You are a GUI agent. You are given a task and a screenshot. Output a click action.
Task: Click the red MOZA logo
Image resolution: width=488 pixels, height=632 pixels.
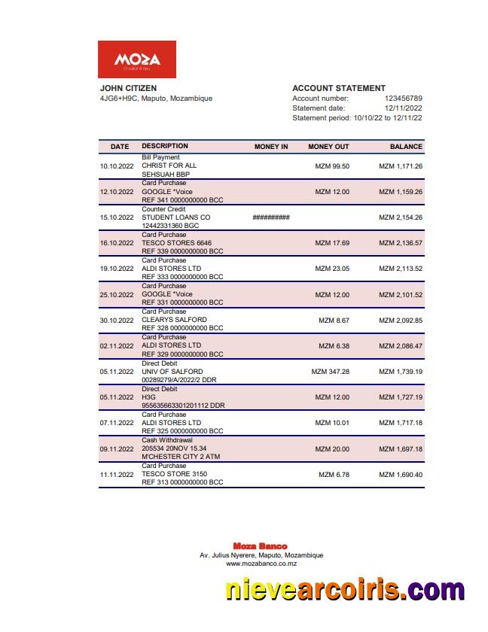pyautogui.click(x=137, y=59)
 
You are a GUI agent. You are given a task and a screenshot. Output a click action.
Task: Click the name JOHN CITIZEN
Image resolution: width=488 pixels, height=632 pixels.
pyautogui.click(x=128, y=88)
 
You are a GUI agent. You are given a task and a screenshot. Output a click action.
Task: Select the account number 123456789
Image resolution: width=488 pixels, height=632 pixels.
pyautogui.click(x=403, y=99)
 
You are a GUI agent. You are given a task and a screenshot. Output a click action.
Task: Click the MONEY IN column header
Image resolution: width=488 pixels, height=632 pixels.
pyautogui.click(x=271, y=147)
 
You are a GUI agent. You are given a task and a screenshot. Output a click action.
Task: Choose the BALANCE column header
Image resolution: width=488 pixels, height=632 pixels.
pyautogui.click(x=406, y=147)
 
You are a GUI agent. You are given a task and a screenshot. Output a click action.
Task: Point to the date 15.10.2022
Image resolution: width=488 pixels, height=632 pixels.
pyautogui.click(x=116, y=217)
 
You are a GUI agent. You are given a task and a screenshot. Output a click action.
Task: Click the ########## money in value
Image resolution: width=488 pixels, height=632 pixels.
pyautogui.click(x=271, y=217)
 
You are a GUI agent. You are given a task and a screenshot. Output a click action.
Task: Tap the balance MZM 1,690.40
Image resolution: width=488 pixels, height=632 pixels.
pyautogui.click(x=400, y=475)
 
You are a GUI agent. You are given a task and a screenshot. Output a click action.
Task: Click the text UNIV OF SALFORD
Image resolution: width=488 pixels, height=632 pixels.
pyautogui.click(x=172, y=372)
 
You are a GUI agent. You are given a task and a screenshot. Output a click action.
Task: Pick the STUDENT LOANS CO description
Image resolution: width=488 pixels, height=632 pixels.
pyautogui.click(x=175, y=217)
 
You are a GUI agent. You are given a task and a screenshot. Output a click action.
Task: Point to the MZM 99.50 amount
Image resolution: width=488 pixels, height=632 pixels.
pyautogui.click(x=331, y=166)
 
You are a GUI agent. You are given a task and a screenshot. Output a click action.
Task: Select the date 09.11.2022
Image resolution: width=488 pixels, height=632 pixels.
pyautogui.click(x=116, y=449)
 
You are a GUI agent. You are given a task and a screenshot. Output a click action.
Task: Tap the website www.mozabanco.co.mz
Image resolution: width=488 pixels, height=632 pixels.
pyautogui.click(x=261, y=564)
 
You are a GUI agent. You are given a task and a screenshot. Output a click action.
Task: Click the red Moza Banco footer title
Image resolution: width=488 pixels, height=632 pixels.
pyautogui.click(x=260, y=546)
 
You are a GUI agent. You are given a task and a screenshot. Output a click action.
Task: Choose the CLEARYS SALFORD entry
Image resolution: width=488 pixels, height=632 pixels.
pyautogui.click(x=174, y=321)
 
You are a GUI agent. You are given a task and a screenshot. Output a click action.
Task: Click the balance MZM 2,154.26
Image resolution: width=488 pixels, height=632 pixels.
pyautogui.click(x=400, y=217)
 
